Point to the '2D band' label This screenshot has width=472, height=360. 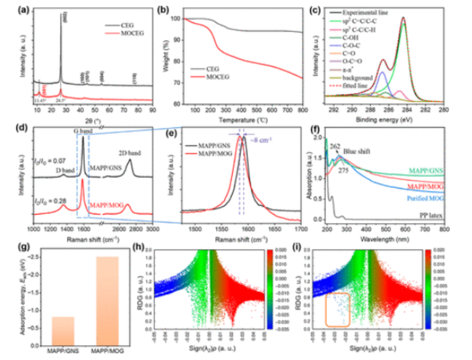(x=129, y=154)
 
